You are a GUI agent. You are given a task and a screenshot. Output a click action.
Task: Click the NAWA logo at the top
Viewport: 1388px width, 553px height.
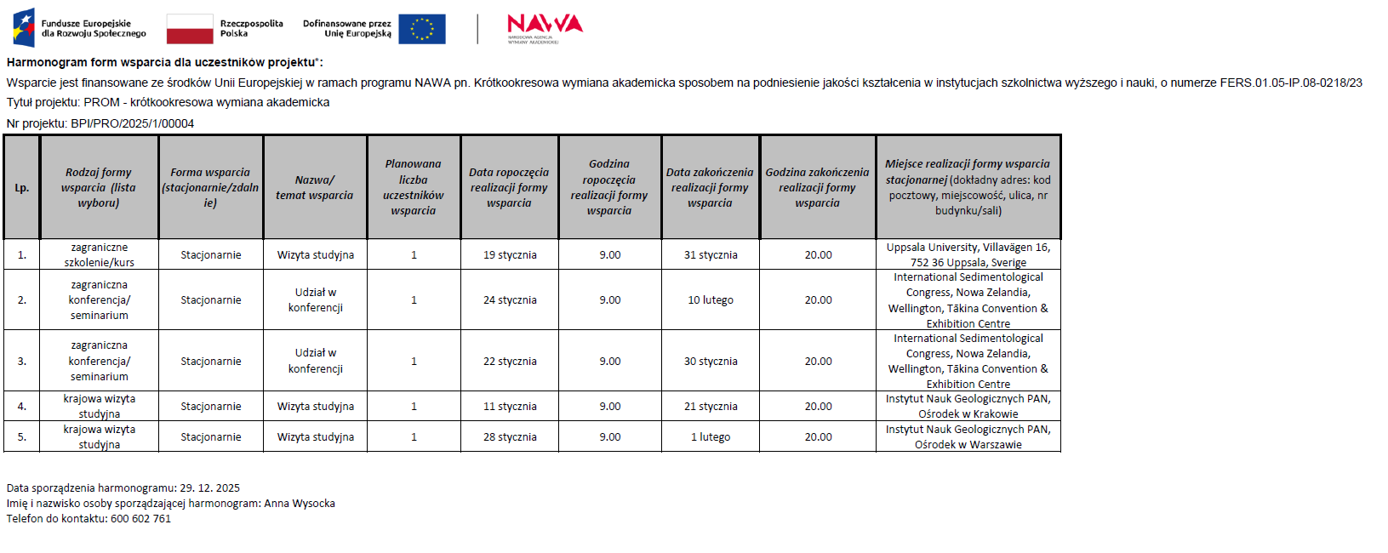click(x=545, y=26)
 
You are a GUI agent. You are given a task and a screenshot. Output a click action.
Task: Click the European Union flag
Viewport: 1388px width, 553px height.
click(x=421, y=29)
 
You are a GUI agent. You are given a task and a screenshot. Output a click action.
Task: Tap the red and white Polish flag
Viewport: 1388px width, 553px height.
click(x=190, y=29)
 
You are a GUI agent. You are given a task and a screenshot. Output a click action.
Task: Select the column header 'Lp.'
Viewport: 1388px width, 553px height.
click(x=22, y=188)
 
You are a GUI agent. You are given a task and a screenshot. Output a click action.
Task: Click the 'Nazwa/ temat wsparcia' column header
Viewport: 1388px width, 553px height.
click(x=314, y=188)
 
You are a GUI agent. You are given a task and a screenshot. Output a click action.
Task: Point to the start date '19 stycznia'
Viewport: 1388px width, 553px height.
click(x=510, y=255)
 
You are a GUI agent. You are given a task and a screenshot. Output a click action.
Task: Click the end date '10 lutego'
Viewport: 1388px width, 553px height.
click(x=711, y=300)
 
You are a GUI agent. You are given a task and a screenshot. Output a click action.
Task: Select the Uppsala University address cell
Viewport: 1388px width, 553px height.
click(x=968, y=255)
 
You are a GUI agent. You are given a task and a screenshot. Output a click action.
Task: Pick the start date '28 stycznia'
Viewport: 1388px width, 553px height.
click(x=510, y=437)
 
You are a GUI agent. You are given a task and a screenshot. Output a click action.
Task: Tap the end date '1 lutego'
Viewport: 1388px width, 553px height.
click(x=711, y=437)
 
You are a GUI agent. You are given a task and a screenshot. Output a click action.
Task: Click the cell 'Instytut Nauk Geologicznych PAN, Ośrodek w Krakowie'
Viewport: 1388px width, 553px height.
click(x=968, y=407)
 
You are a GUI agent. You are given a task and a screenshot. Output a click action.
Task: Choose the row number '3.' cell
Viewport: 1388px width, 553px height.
click(x=22, y=362)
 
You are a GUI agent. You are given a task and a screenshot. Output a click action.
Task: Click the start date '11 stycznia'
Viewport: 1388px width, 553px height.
click(x=510, y=407)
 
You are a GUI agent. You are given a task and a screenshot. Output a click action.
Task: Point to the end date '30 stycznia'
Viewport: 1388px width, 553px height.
click(x=711, y=362)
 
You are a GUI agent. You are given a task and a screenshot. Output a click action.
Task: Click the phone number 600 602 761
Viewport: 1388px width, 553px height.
click(x=140, y=519)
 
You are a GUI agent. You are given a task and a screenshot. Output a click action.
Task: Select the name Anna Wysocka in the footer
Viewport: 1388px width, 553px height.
click(x=300, y=504)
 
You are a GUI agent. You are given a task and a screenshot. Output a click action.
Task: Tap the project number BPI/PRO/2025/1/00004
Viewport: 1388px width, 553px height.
click(x=133, y=123)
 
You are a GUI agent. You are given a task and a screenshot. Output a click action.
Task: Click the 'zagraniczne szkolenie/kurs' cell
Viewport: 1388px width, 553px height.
click(x=100, y=255)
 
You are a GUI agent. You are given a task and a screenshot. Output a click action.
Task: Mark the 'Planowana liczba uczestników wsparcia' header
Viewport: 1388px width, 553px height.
click(x=414, y=188)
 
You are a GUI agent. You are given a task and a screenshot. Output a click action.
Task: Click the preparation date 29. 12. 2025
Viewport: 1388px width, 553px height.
click(x=209, y=488)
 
